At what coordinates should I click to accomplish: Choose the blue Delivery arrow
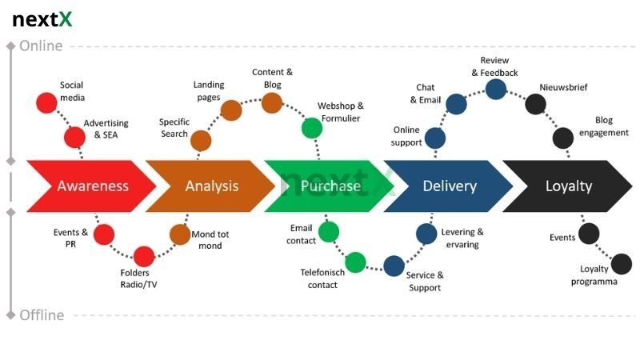coord(449,186)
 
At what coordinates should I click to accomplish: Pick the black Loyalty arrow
coord(568,186)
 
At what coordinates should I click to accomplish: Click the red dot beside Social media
coord(46,102)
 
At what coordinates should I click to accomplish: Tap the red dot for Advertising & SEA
coord(75,138)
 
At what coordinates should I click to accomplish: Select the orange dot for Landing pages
coord(231,110)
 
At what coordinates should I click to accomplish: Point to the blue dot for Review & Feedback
coord(496,89)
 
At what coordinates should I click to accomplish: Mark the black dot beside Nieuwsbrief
coord(535,103)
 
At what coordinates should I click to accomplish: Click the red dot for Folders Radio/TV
coord(143,257)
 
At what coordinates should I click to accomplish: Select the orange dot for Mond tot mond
coord(180,234)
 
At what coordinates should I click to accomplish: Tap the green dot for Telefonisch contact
coord(355,262)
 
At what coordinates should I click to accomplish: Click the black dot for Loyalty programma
coord(622,263)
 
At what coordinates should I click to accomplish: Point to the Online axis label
coord(41,46)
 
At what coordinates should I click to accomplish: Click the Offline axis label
coord(42,315)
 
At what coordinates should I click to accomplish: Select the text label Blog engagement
coord(604,126)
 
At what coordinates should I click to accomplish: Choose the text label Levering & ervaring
coord(462,238)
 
